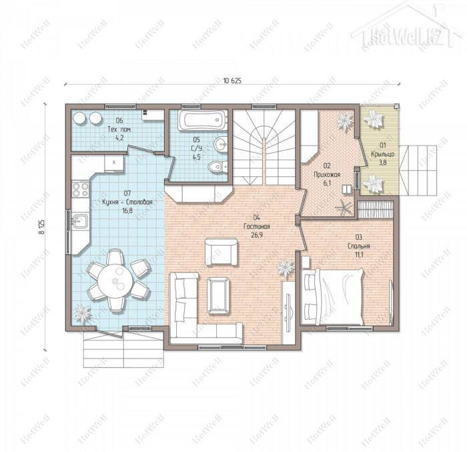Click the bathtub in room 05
203,120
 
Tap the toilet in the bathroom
217,166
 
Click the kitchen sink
80,221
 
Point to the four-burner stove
81,190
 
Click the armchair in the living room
221,252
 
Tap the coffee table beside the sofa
219,296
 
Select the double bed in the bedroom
333,296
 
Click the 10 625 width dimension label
232,81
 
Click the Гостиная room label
257,226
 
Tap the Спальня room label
359,246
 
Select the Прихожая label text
327,174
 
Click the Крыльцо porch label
383,154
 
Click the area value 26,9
257,235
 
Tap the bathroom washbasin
221,144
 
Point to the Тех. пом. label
119,130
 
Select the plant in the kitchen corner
82,313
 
